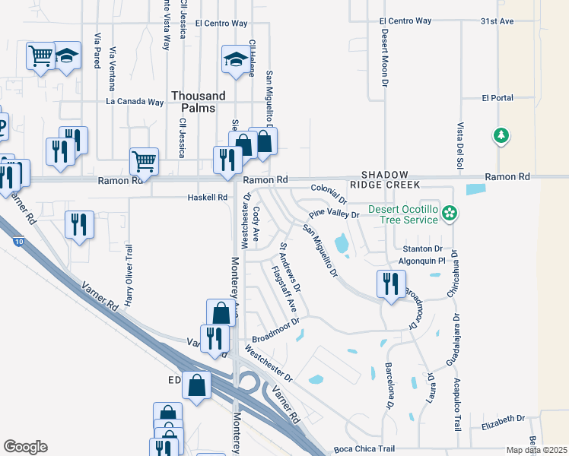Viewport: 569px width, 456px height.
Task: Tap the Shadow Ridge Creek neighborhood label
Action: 390,180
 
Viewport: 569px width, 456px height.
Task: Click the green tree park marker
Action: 501,136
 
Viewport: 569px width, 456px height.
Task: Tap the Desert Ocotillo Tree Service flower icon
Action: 450,214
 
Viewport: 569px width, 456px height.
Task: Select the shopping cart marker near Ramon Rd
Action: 144,161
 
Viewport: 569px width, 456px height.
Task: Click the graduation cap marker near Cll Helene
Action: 236,59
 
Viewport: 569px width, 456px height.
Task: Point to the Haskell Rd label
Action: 207,198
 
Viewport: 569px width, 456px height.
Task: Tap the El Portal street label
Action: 497,98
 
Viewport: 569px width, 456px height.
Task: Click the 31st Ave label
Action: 497,21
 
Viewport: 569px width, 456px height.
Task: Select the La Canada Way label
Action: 135,101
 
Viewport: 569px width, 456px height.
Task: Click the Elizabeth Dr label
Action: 503,418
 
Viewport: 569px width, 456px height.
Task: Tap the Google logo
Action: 25,447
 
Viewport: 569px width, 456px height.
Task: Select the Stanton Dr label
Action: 422,249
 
